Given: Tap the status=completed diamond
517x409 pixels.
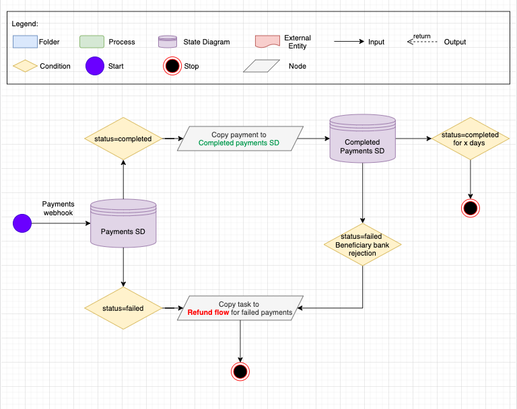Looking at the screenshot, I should point(123,139).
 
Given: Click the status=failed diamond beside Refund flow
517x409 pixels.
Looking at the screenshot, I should point(123,308).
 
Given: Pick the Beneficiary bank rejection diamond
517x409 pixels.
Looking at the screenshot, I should point(363,245).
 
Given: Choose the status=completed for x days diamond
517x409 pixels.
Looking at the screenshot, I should point(470,139).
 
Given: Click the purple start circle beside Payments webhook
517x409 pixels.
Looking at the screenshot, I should point(22,223).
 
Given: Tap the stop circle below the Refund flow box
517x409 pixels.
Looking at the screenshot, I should point(240,371).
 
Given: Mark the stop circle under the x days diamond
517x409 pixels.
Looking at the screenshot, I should point(470,209).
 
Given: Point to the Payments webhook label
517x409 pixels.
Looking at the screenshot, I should point(59,208).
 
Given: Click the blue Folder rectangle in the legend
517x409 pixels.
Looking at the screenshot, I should point(26,42).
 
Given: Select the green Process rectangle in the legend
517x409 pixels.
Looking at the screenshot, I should point(91,42).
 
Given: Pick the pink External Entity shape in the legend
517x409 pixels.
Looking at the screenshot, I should point(267,42).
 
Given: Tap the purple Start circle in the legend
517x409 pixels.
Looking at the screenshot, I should point(95,66).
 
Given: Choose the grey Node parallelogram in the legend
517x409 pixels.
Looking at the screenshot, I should point(261,66).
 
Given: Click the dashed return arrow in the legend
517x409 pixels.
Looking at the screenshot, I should point(421,42).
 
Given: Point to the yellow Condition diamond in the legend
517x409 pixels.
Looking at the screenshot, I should point(26,66).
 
